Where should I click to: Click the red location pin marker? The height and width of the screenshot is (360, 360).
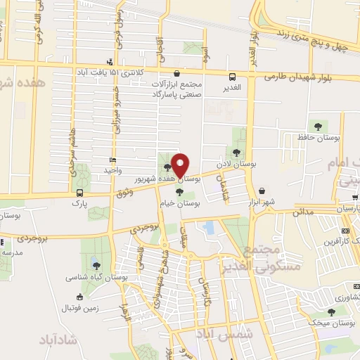180,165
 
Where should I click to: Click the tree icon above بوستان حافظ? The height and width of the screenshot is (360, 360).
319,127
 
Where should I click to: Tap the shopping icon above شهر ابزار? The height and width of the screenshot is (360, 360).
262,191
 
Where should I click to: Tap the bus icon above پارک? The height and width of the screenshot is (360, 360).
79,192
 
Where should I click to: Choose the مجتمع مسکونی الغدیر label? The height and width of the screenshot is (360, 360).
273,258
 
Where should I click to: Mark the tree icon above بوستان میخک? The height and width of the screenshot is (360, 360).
331,311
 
